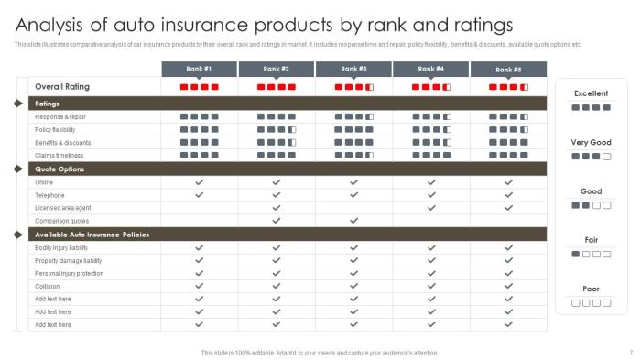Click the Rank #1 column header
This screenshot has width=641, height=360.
199,69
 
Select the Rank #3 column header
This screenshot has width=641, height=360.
353,69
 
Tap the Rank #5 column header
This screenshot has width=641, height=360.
508,69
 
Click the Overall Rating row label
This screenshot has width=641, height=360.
62,86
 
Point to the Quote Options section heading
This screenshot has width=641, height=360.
60,169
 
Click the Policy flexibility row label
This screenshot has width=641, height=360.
56,130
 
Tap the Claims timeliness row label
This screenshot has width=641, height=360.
60,156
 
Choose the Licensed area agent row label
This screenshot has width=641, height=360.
62,208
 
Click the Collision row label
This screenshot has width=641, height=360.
47,286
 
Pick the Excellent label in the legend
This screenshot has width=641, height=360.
591,93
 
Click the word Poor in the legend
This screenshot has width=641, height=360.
591,289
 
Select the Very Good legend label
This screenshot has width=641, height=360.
591,142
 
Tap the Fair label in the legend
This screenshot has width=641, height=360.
591,240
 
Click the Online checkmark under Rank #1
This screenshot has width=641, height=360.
199,182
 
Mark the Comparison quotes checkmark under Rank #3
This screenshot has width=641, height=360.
353,221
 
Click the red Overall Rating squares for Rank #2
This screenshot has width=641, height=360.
276,87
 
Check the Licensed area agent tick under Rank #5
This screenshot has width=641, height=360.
508,208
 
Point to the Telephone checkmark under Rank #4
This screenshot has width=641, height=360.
430,195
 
